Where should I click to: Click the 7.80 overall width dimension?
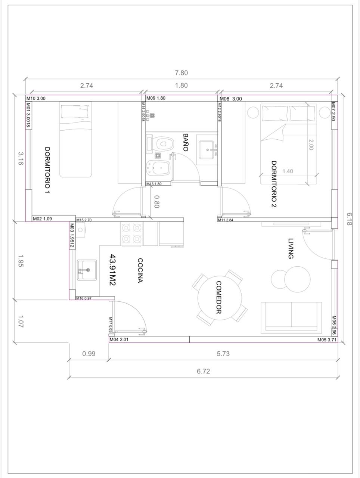point(181,73)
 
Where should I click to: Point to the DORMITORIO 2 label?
point(274,184)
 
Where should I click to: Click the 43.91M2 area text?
point(113,270)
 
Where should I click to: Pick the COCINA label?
point(140,270)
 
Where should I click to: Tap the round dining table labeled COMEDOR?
point(220,298)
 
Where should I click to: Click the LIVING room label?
point(291,248)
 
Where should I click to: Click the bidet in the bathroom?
point(158,168)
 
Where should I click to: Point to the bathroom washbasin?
point(207,150)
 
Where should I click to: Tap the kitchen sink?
point(87,270)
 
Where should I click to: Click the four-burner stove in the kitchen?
point(132,233)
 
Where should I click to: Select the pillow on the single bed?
point(75,112)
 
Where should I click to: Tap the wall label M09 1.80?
point(156,98)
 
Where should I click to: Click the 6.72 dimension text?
point(203,371)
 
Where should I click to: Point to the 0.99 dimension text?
point(89,353)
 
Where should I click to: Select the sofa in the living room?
point(291,317)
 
